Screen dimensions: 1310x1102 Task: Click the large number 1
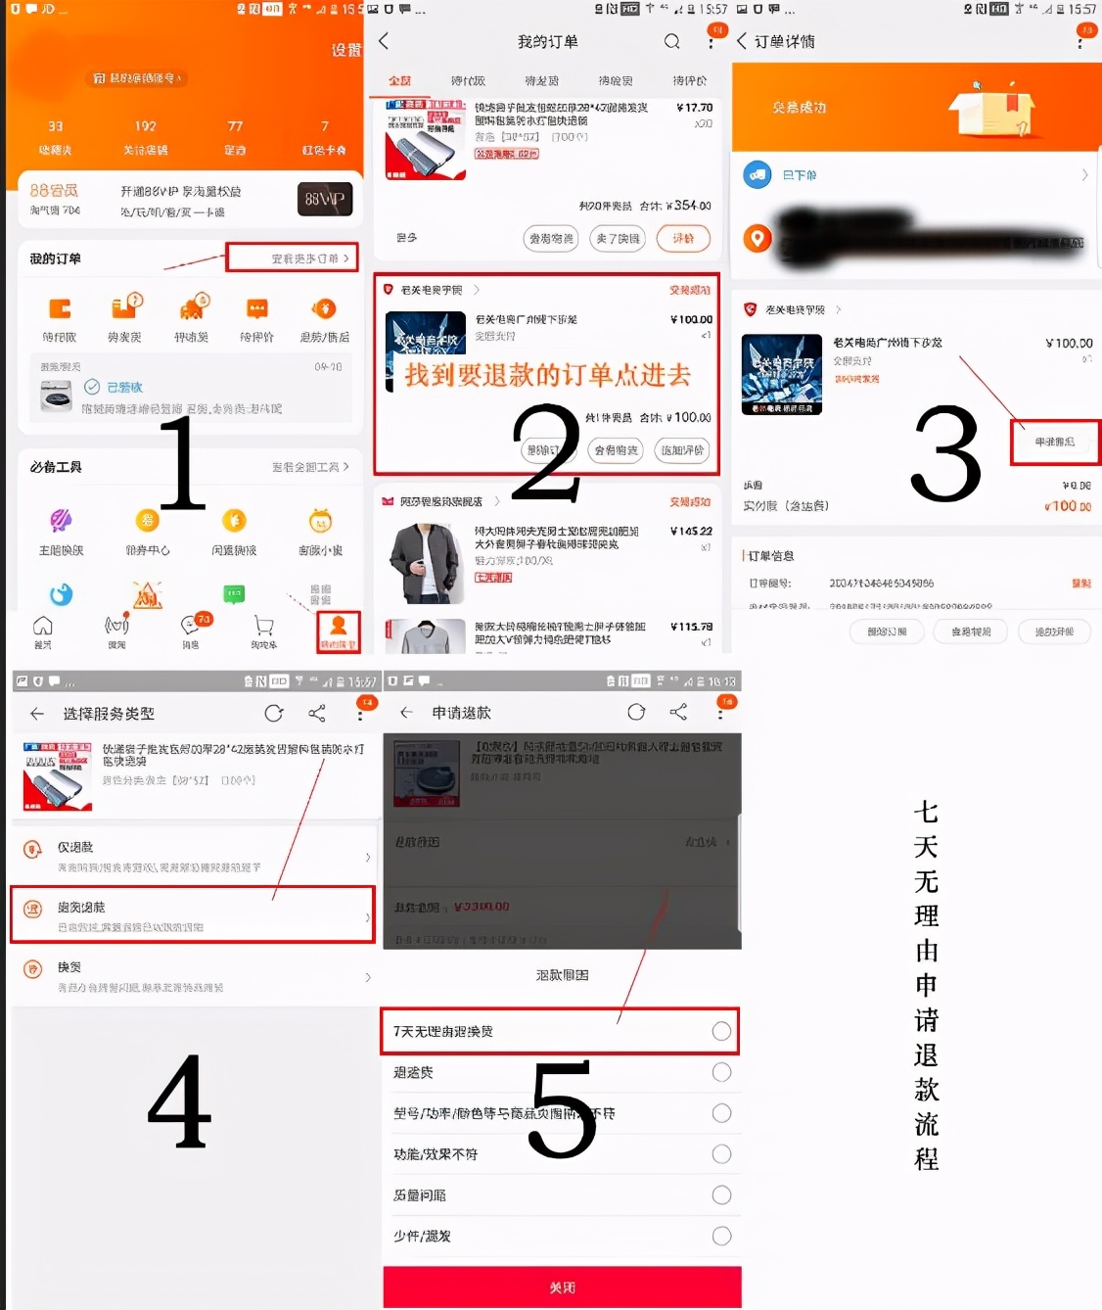click(x=183, y=462)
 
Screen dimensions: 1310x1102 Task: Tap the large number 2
click(x=546, y=452)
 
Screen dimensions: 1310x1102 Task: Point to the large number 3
click(x=944, y=454)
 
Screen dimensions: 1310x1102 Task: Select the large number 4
click(x=179, y=1101)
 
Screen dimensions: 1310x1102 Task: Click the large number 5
click(x=562, y=1109)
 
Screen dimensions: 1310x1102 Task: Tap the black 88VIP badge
click(x=324, y=199)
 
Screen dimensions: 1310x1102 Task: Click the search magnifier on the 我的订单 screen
click(x=671, y=41)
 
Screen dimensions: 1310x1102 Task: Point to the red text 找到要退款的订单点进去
click(x=548, y=375)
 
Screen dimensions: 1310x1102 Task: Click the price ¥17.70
click(x=694, y=108)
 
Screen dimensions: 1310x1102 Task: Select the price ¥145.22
click(x=691, y=531)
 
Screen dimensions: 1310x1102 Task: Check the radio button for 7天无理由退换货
click(x=721, y=1031)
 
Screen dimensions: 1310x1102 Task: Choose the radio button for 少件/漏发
click(x=721, y=1236)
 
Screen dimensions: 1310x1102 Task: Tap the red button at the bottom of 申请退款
click(x=562, y=1287)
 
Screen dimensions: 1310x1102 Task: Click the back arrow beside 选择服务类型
click(x=36, y=714)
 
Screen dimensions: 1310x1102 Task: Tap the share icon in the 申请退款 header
click(x=678, y=712)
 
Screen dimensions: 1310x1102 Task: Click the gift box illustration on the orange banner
click(x=992, y=110)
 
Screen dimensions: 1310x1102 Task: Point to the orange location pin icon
click(x=757, y=238)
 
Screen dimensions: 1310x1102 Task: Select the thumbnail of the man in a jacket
click(x=424, y=562)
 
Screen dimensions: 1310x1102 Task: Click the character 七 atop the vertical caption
click(x=926, y=812)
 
